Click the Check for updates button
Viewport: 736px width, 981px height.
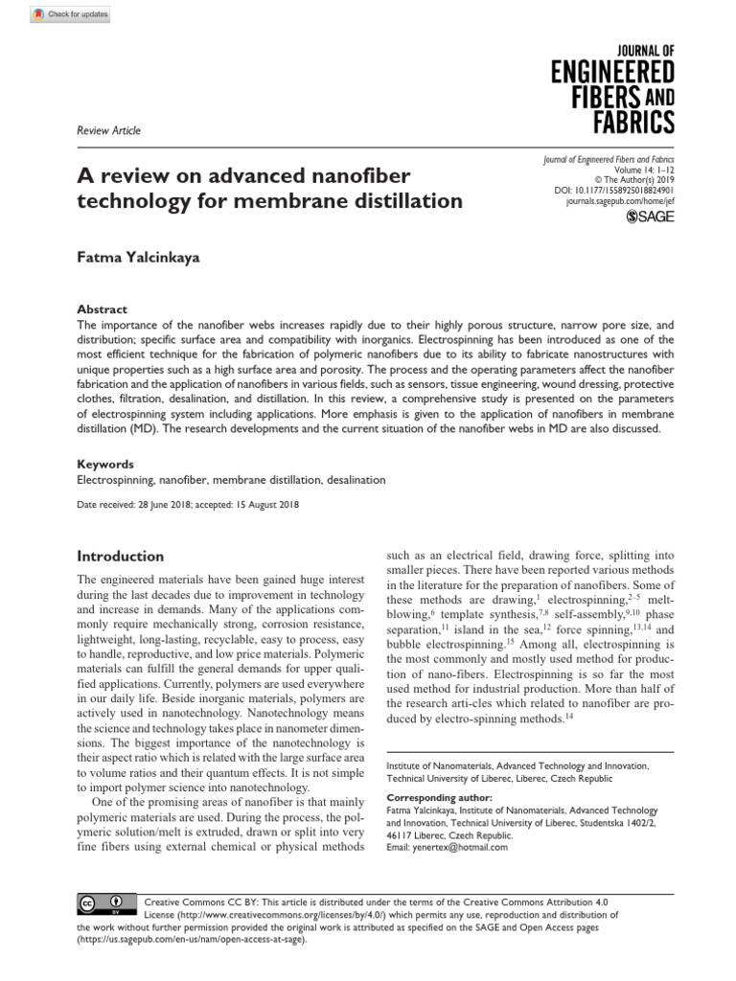coord(71,14)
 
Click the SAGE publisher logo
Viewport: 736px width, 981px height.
coord(651,218)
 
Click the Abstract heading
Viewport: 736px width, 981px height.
coord(102,309)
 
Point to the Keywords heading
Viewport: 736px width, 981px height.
coord(105,464)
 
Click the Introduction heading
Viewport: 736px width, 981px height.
coord(120,556)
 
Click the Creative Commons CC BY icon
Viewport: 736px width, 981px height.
coord(100,903)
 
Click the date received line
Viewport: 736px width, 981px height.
coord(189,504)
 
